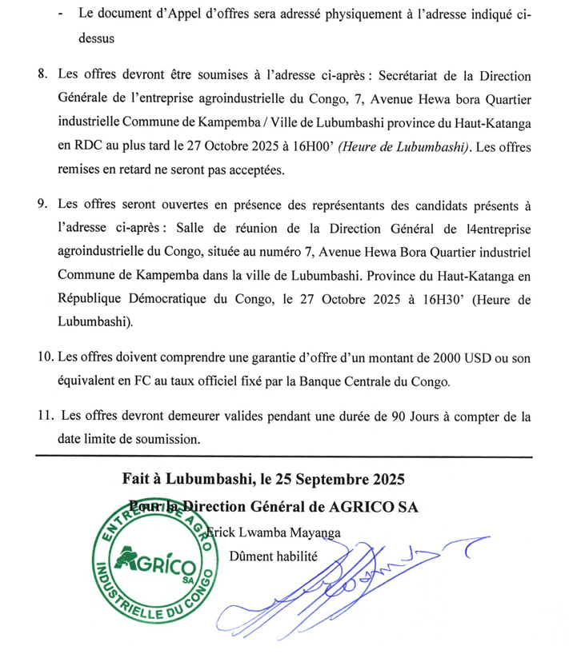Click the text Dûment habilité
pos(274,556)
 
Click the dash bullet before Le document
pos(62,15)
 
